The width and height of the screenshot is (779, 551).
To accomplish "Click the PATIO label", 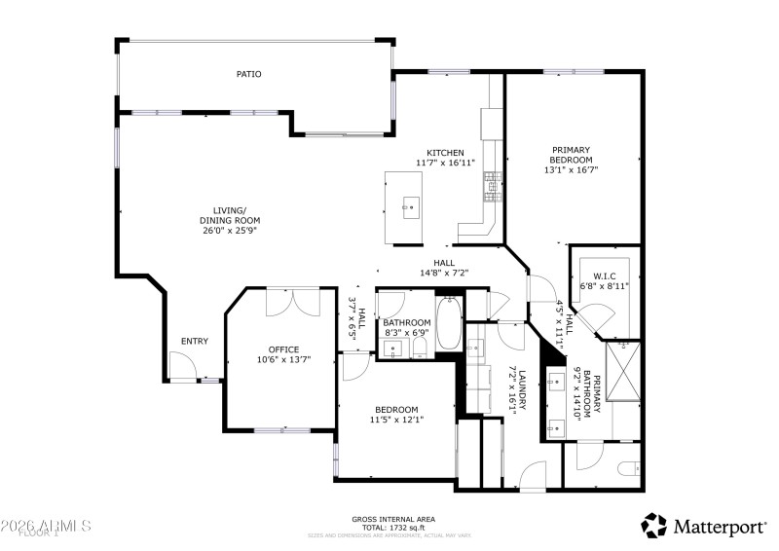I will pos(248,74).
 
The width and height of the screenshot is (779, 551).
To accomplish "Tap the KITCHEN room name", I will pos(444,153).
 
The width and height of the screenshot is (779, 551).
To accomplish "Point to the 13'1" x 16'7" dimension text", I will pos(571,169).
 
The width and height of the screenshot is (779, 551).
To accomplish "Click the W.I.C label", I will pos(605,276).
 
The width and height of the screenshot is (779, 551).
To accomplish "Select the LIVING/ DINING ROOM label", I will pos(231,215).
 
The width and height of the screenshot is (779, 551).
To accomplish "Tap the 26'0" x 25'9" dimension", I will pos(231,232).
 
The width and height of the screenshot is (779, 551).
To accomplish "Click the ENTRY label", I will pos(194,341).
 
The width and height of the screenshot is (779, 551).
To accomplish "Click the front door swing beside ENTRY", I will pos(179,367).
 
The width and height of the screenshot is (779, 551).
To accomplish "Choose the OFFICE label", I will pos(283,349).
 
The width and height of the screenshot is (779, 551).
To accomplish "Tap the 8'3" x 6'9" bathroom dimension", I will pos(406,333).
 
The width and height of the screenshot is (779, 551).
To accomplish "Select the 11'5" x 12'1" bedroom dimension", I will pos(396,420).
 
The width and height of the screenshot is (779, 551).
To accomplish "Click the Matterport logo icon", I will pos(653,526).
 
